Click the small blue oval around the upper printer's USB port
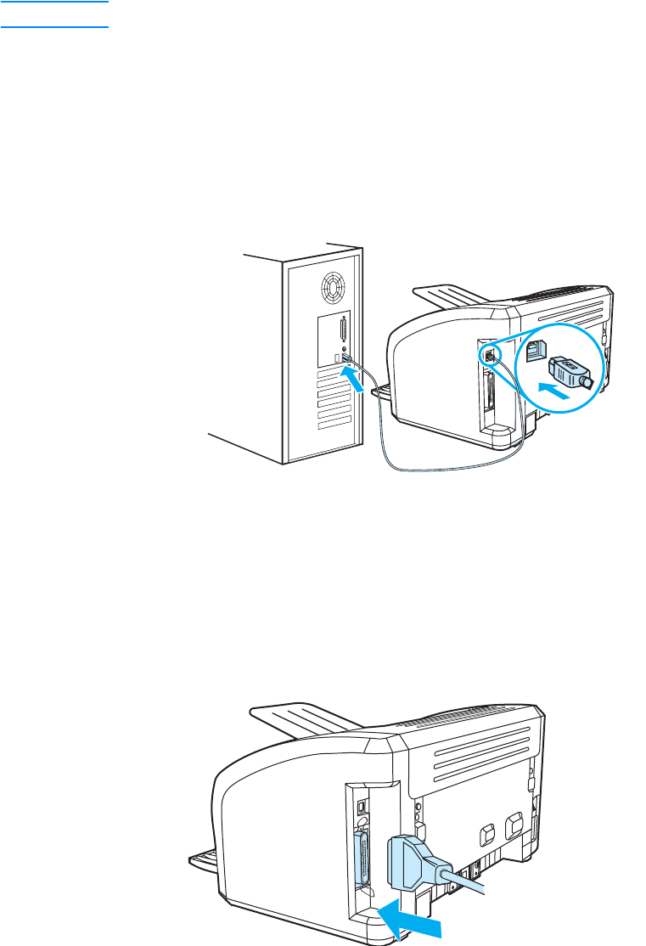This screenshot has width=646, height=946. click(x=489, y=352)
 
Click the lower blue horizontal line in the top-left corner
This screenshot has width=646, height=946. click(x=55, y=26)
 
